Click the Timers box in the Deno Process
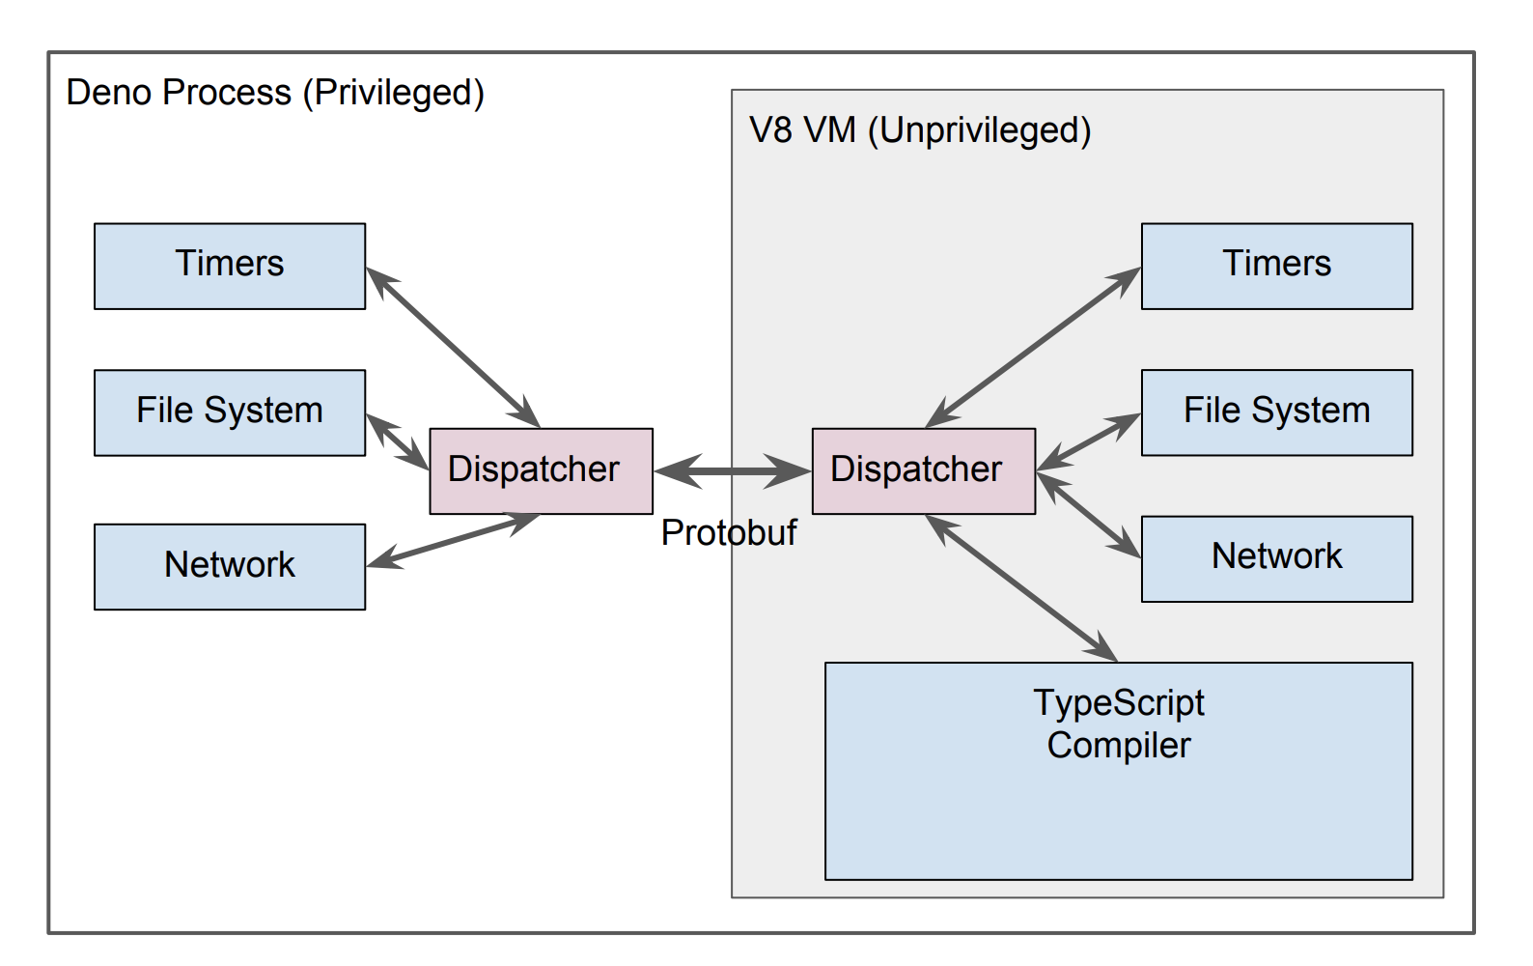click(x=230, y=266)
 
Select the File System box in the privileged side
click(x=230, y=412)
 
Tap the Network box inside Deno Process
click(x=230, y=566)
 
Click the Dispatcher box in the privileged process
click(x=541, y=470)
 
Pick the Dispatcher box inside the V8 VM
click(x=923, y=470)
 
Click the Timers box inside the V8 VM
click(x=1276, y=266)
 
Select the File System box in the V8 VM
click(x=1276, y=412)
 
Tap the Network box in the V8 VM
click(x=1276, y=558)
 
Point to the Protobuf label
click(x=729, y=532)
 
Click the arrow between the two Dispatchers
click(x=733, y=471)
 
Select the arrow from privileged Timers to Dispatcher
click(x=453, y=348)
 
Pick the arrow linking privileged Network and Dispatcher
click(x=453, y=541)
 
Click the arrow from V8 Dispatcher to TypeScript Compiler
click(x=1021, y=588)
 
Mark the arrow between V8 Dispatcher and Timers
click(x=1033, y=348)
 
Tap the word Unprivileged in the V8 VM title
click(x=979, y=130)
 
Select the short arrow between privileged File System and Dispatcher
click(x=398, y=442)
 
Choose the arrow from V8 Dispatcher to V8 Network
click(x=1089, y=515)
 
